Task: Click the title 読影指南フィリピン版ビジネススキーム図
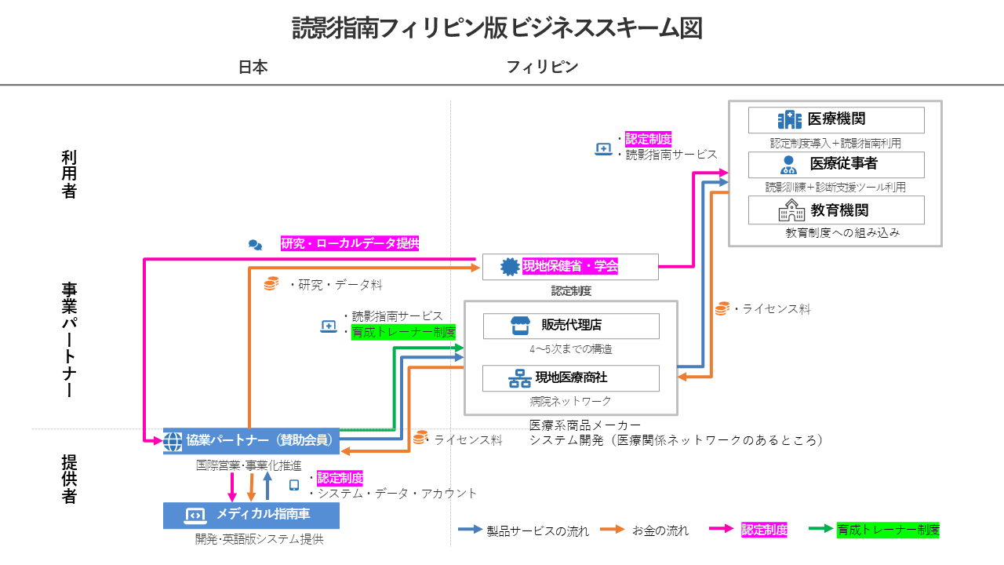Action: [497, 28]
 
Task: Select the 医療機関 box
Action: [836, 120]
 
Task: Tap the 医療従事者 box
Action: [836, 165]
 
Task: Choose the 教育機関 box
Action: [836, 210]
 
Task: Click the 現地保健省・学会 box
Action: [570, 267]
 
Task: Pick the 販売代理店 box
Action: [571, 326]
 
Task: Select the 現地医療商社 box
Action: [571, 378]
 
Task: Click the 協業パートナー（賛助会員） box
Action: [251, 441]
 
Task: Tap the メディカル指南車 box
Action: [251, 515]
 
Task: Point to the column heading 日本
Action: [253, 67]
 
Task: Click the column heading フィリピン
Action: [542, 67]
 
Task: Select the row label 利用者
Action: [69, 174]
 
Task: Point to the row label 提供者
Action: [69, 479]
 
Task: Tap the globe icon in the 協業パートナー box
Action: [173, 441]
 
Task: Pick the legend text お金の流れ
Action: [660, 531]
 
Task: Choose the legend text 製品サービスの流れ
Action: [537, 531]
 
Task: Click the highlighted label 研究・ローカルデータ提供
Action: [350, 244]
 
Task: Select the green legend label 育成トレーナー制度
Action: [888, 530]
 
